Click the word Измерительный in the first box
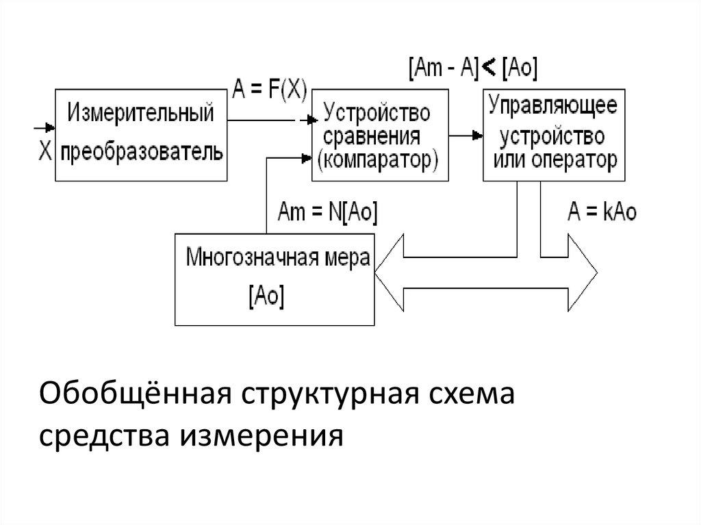point(140,112)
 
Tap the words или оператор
point(553,161)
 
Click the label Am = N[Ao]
point(327,212)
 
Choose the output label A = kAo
point(602,212)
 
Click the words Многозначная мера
point(278,259)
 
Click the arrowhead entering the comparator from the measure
point(306,158)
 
